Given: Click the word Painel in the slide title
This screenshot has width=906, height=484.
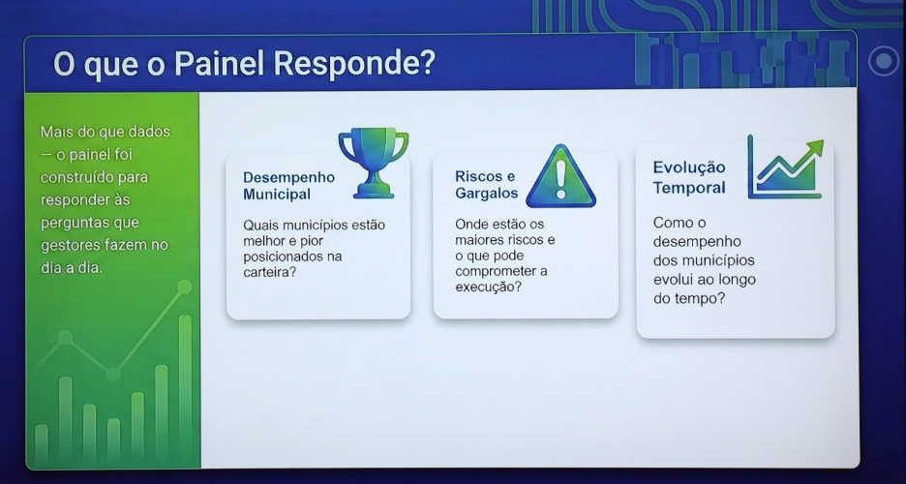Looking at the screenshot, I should pyautogui.click(x=223, y=64).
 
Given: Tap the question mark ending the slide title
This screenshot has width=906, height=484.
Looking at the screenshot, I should pyautogui.click(x=426, y=64).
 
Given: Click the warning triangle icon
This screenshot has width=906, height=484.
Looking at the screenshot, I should pyautogui.click(x=560, y=178).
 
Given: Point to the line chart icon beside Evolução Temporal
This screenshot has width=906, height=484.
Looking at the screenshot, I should pyautogui.click(x=785, y=168).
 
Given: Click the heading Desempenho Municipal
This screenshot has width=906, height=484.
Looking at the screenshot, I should pyautogui.click(x=288, y=186).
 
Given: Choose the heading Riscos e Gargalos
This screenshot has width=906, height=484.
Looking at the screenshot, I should pyautogui.click(x=486, y=185).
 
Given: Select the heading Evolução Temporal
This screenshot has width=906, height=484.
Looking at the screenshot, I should pyautogui.click(x=689, y=177).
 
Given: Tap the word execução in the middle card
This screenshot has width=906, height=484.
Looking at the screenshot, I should pyautogui.click(x=487, y=287).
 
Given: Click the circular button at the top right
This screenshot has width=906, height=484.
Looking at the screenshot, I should pyautogui.click(x=884, y=62).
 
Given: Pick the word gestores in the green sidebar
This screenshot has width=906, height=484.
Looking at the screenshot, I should pyautogui.click(x=69, y=246).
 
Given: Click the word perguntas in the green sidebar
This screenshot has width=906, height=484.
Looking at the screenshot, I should pyautogui.click(x=76, y=224).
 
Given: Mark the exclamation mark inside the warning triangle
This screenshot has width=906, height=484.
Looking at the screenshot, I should pyautogui.click(x=560, y=180).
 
